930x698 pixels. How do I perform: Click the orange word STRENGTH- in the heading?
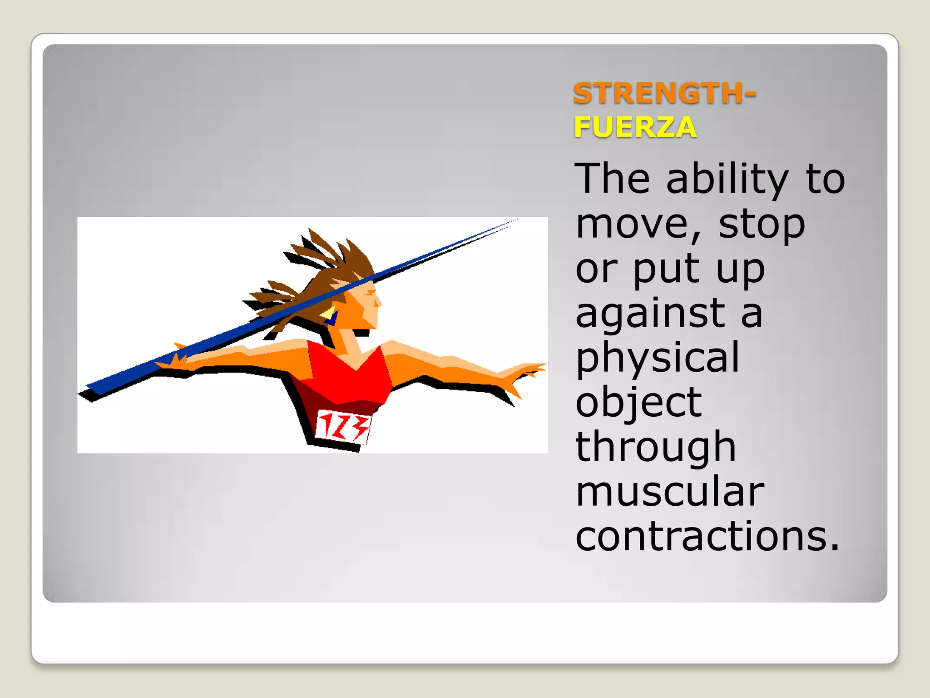[664, 93]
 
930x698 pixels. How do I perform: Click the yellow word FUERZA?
[635, 127]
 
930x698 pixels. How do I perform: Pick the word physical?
[658, 358]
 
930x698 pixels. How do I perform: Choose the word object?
[638, 403]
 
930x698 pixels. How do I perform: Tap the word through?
[655, 448]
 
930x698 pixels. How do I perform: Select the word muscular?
[670, 492]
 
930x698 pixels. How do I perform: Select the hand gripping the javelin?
[175, 359]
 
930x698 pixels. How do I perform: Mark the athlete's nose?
[379, 302]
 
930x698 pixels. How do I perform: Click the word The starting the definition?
[611, 179]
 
